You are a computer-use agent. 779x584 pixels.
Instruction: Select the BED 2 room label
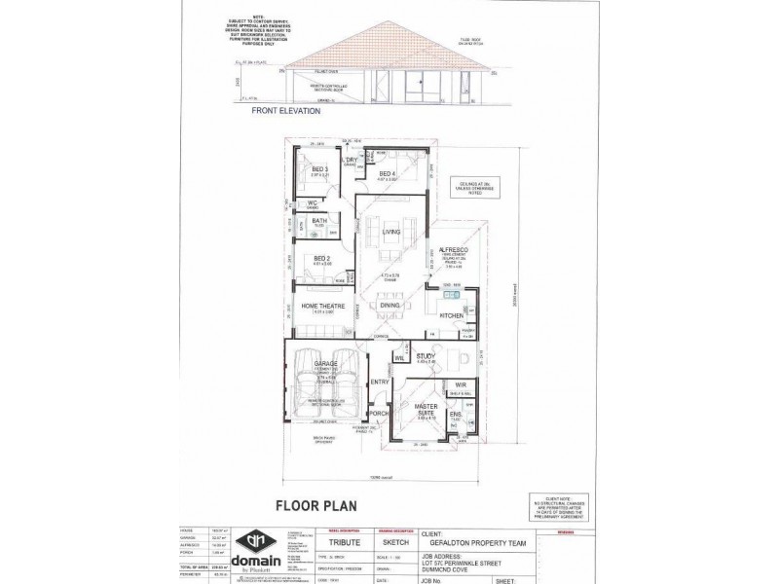point(311,257)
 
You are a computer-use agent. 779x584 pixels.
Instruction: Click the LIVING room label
point(392,232)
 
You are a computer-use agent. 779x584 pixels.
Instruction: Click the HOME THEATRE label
point(322,306)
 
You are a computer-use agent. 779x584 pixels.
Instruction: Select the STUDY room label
point(425,357)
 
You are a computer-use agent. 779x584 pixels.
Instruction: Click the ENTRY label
point(380,382)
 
